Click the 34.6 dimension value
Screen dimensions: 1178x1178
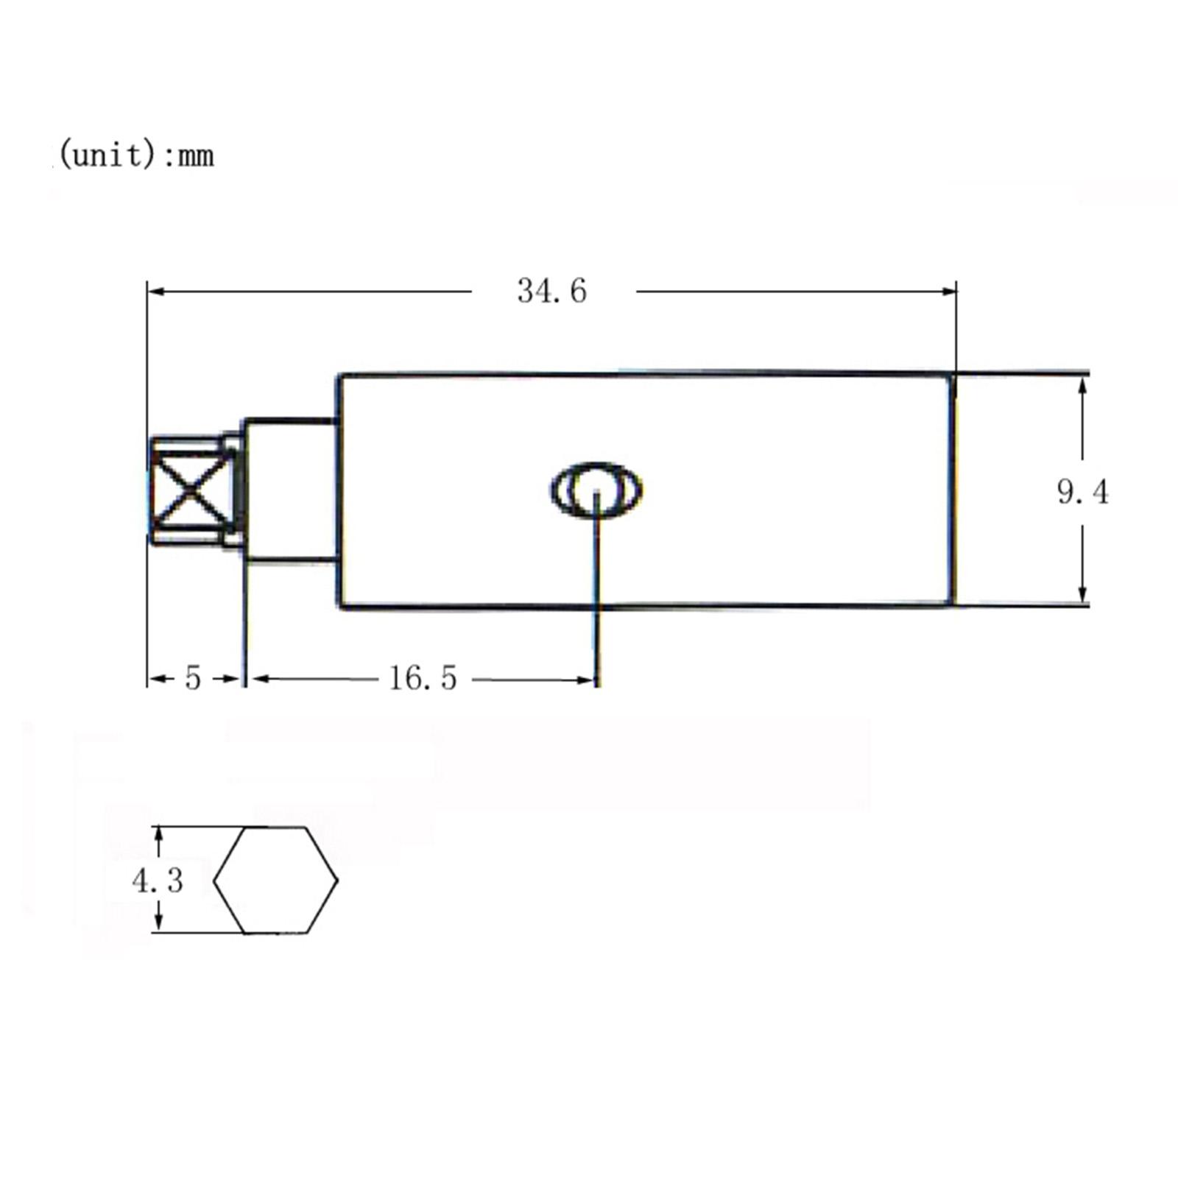551,291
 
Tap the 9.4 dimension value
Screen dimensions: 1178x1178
1082,492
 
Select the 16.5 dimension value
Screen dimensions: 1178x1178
423,678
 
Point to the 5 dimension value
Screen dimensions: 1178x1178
193,678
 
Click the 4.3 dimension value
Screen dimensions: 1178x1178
158,880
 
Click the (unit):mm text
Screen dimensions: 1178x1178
136,155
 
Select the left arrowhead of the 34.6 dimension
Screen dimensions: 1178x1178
155,292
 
